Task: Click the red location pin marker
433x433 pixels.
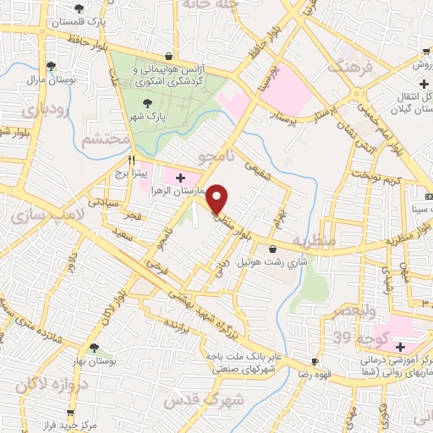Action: [x=217, y=198]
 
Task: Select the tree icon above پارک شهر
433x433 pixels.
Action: [x=149, y=103]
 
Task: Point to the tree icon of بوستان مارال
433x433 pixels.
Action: [x=52, y=65]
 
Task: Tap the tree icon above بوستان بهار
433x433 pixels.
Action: [x=94, y=348]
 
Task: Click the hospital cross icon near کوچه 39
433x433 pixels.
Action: [x=400, y=348]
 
